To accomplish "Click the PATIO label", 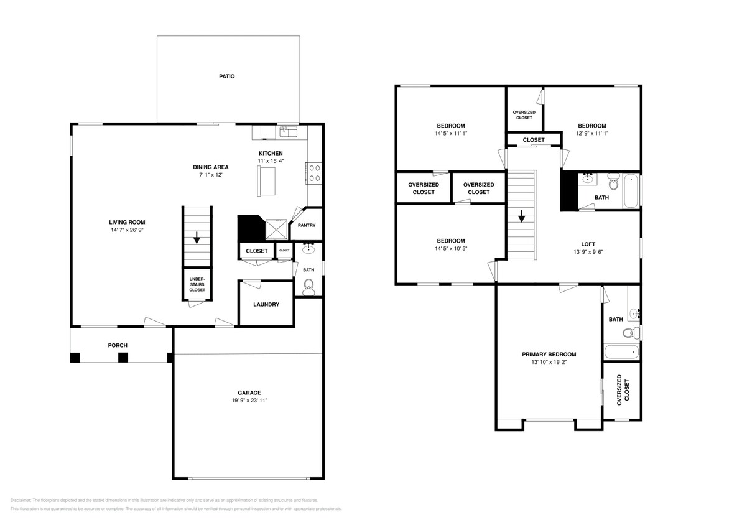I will (226, 77).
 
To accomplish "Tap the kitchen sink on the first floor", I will (288, 131).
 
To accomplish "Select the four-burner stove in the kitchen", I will (314, 172).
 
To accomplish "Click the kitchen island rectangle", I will (266, 181).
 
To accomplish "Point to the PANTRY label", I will (307, 225).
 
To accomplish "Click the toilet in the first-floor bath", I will (308, 286).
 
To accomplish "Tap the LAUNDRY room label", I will (266, 304).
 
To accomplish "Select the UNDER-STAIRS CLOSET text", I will (197, 284).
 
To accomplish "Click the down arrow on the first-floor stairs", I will (197, 238).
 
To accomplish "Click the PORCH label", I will (118, 345).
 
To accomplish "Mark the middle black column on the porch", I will (123, 357).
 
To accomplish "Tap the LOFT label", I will (588, 244).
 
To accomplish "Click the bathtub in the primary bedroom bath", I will (621, 351).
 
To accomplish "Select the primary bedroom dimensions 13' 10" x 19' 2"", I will (549, 362).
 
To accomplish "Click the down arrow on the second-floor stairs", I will (521, 216).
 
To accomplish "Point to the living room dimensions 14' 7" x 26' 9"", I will (127, 230).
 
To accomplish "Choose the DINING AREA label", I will (210, 167).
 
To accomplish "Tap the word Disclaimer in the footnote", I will (21, 500).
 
